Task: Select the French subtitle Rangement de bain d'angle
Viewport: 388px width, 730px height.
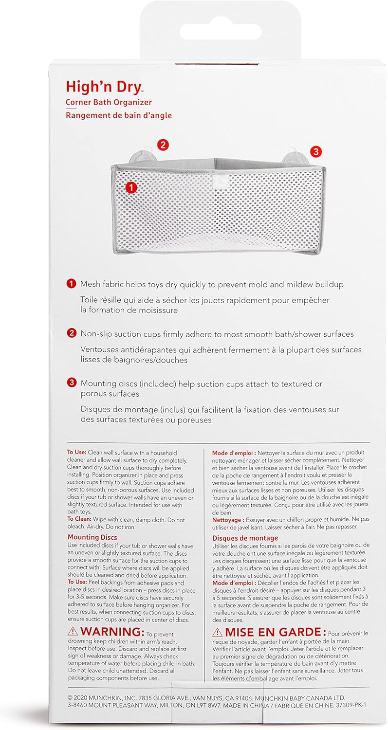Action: point(119,115)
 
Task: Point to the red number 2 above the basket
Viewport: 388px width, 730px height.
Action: point(163,144)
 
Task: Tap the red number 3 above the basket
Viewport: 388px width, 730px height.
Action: point(315,151)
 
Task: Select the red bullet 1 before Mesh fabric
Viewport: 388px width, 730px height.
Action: point(72,283)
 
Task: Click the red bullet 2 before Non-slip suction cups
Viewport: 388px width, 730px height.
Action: point(72,334)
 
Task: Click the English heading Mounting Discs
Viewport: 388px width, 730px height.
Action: point(92,537)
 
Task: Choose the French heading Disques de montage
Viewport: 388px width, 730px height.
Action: point(245,538)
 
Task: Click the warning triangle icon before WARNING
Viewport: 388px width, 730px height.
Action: point(73,631)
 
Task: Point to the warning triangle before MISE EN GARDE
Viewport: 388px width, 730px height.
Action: point(218,632)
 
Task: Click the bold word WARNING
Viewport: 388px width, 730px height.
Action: point(112,631)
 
